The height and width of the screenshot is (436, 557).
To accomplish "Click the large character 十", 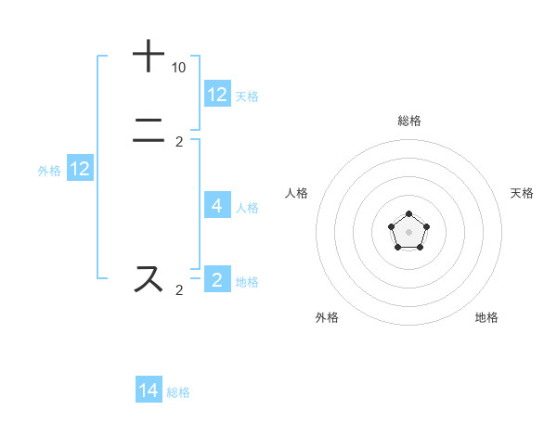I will point(149,57).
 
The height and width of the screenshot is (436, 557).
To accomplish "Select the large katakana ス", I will point(149,279).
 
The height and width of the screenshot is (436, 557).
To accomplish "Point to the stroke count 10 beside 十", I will point(178,68).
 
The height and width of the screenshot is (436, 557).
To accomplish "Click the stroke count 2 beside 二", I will point(179,142).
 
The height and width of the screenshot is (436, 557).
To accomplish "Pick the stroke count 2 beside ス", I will point(179,290).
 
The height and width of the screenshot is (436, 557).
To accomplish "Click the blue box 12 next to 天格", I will point(217,95).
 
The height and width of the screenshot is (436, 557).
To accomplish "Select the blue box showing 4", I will point(217,206).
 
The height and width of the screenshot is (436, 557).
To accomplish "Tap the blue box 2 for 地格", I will point(217,279).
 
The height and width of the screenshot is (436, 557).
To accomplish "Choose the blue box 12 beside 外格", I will point(80,169).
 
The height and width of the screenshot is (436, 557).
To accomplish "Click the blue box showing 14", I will point(149,391).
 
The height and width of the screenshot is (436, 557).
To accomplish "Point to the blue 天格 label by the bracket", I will point(247,96).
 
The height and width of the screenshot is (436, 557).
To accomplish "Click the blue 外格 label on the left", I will point(49,170).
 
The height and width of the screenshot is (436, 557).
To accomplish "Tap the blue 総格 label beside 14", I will point(178,392).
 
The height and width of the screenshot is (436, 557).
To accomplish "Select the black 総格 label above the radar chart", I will point(408,121).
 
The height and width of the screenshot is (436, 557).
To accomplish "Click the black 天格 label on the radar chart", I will point(522,193).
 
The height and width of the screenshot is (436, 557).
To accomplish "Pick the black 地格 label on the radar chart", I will point(486,317).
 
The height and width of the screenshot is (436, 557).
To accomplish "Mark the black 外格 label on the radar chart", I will point(327,317).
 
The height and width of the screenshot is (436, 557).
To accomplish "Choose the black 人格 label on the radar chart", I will point(296,193).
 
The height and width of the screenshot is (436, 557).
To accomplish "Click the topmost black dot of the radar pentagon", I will point(408,214).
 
